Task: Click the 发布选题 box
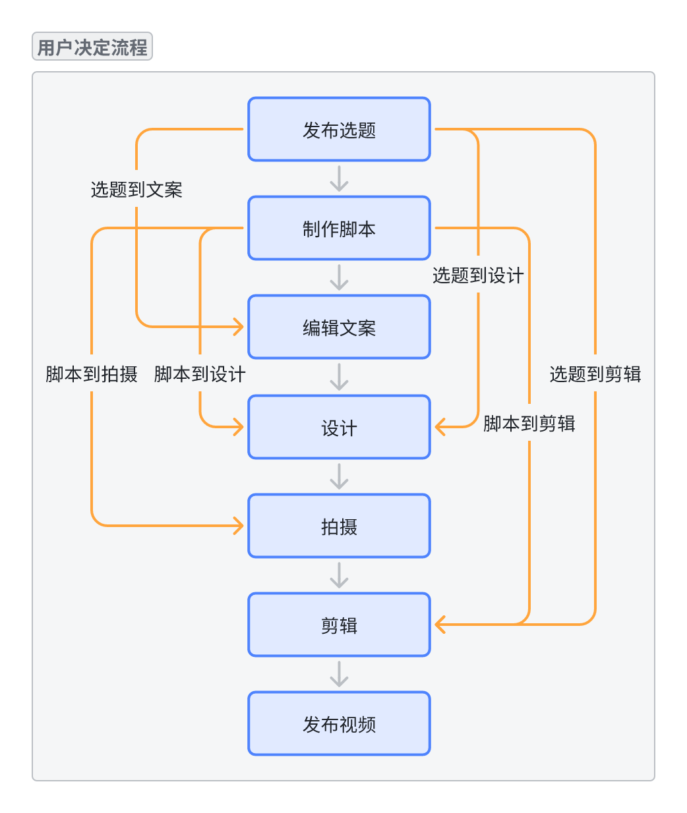pos(339,130)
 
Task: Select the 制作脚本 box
pos(339,229)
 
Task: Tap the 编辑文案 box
pos(339,327)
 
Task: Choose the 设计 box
pos(339,428)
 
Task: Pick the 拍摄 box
pos(339,526)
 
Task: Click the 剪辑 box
pos(339,625)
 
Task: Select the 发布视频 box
pos(339,724)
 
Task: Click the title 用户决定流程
pos(92,47)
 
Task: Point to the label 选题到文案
pos(136,190)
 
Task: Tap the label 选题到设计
pos(478,275)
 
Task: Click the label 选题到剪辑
pos(595,374)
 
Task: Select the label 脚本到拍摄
pos(92,374)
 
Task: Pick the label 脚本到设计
pos(200,374)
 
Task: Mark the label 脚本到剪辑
pos(529,423)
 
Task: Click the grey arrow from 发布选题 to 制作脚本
pos(339,179)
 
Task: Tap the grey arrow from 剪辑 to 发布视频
pos(339,674)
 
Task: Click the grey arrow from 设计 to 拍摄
pos(339,476)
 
